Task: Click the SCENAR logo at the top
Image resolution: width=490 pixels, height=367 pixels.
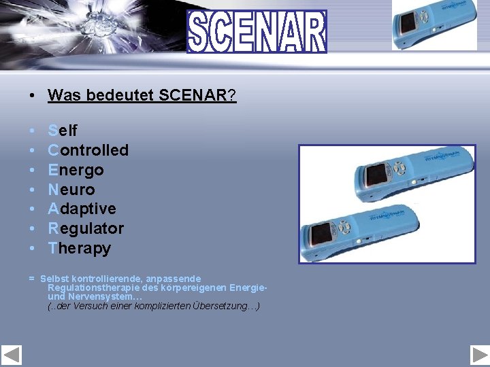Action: [x=257, y=32]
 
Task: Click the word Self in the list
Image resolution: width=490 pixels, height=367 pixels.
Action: [x=63, y=130]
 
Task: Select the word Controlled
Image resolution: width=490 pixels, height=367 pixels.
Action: [x=88, y=150]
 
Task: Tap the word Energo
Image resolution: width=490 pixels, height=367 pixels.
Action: [x=76, y=169]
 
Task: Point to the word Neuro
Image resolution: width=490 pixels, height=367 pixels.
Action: [x=71, y=189]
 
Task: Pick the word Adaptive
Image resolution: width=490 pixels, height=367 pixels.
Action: [x=82, y=209]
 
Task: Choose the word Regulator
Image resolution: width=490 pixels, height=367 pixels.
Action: [x=86, y=228]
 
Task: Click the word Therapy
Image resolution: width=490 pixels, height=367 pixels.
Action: [x=79, y=248]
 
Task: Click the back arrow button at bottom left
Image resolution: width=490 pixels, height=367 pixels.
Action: [x=12, y=355]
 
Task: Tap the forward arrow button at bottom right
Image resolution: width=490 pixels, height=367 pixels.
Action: [x=479, y=355]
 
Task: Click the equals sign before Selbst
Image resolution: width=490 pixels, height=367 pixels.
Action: [x=31, y=279]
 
